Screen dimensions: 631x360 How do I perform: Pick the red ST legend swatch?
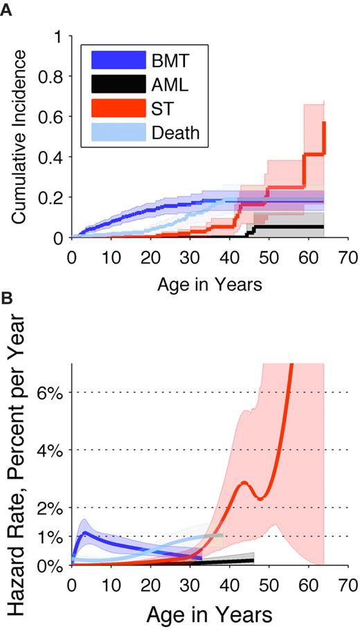[x=116, y=108]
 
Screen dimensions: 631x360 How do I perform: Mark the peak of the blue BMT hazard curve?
[x=84, y=532]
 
